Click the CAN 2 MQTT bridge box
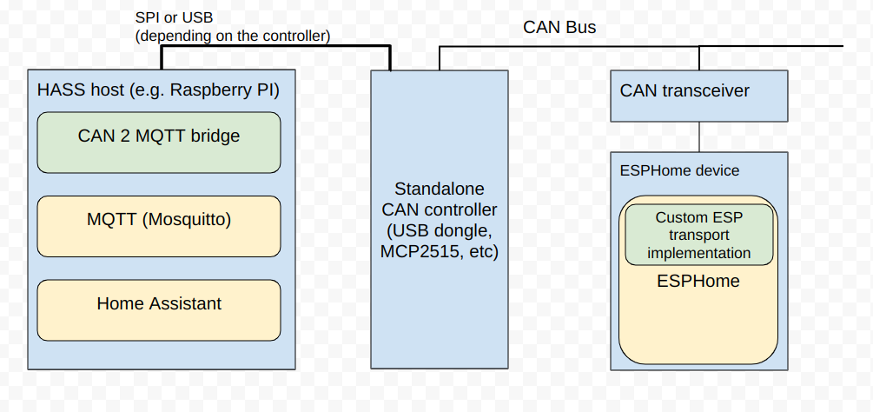[x=159, y=143]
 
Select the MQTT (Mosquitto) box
[x=159, y=226]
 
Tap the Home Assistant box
[x=159, y=310]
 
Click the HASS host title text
[x=158, y=90]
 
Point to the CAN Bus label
[x=559, y=27]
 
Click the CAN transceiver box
[x=698, y=96]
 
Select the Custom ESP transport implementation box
[x=698, y=235]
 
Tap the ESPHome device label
[x=679, y=170]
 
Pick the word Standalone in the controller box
[x=440, y=189]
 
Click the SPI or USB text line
[x=174, y=17]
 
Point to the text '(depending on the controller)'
[x=233, y=37]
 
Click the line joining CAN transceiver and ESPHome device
[x=699, y=137]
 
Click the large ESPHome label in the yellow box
[x=698, y=281]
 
